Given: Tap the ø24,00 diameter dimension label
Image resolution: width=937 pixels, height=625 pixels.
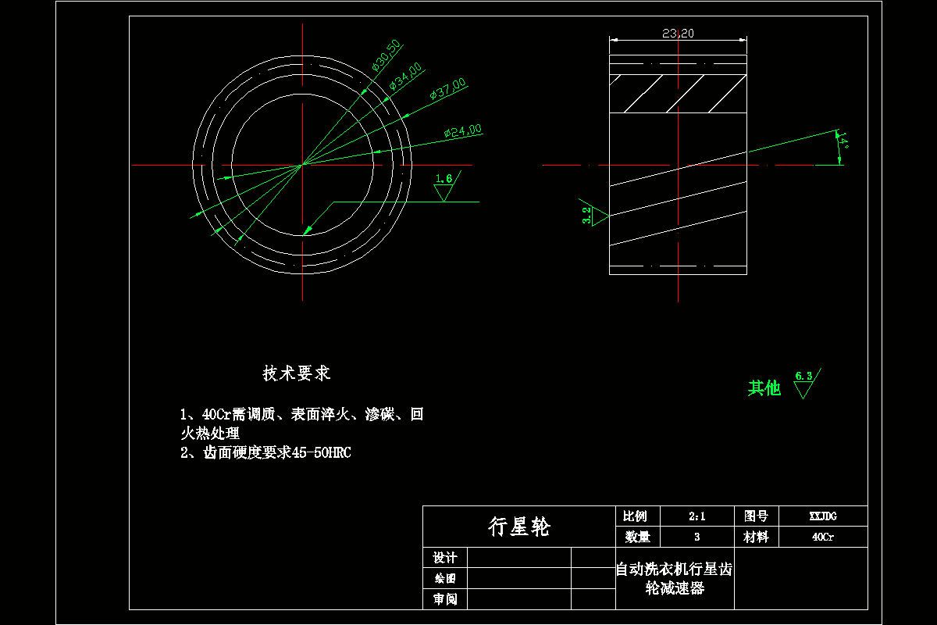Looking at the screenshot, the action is tap(462, 131).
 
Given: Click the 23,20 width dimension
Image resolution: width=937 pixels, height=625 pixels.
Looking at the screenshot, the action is tap(678, 33).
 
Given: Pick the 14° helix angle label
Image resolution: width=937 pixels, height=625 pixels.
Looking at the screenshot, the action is tap(843, 143).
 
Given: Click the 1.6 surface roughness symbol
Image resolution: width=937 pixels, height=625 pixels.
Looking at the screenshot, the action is tap(444, 184).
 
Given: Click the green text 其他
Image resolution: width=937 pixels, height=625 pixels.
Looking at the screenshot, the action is tap(764, 387).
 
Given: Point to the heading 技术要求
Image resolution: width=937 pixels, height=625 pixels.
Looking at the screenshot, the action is tap(297, 373).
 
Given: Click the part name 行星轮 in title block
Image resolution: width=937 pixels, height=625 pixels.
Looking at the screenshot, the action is tap(518, 527).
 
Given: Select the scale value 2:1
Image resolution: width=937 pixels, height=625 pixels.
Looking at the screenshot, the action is tap(697, 516).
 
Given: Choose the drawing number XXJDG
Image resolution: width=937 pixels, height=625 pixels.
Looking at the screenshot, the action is tap(823, 516).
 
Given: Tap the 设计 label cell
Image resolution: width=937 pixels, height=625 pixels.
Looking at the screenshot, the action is tap(444, 558).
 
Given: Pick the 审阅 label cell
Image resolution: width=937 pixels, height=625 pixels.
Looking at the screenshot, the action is tap(444, 599).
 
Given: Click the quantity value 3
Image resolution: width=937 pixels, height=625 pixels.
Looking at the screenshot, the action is tap(697, 537).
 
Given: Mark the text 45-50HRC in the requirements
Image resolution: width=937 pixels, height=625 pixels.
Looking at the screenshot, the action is tap(321, 452).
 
